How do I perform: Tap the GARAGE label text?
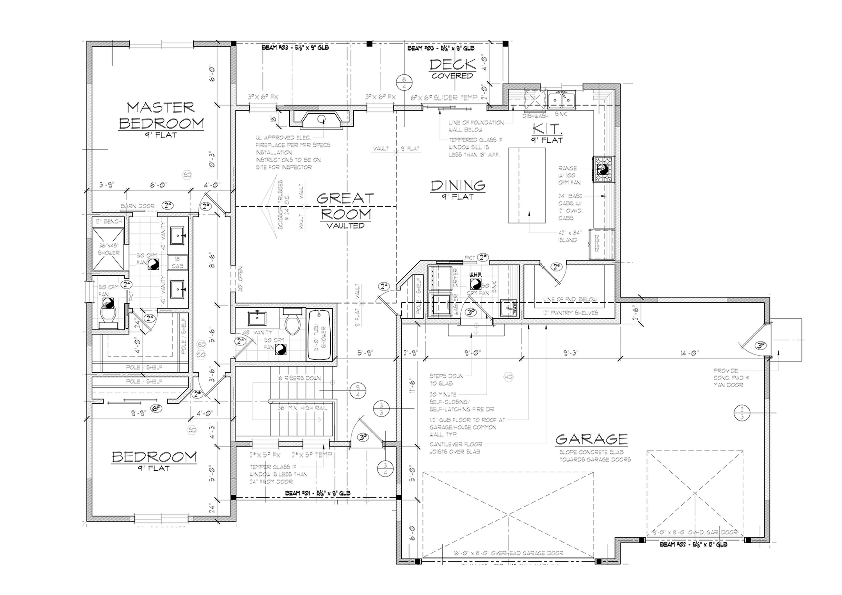pos(591,439)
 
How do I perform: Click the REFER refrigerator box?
pos(601,243)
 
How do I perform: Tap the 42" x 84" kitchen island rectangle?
pos(526,185)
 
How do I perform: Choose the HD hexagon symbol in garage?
pos(508,376)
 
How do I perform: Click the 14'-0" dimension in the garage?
pos(689,353)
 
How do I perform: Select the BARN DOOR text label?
pos(138,206)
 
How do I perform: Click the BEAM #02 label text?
pos(693,545)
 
